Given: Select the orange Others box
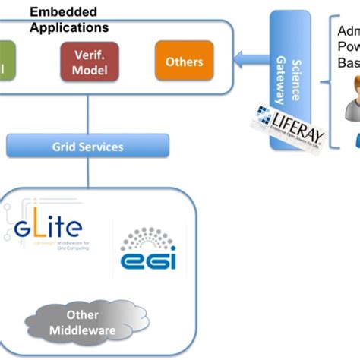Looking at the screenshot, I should (x=184, y=62).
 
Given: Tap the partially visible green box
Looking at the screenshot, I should (x=6, y=62).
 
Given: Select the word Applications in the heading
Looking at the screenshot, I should (x=68, y=27).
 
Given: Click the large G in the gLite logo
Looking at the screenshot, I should (x=24, y=227).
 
